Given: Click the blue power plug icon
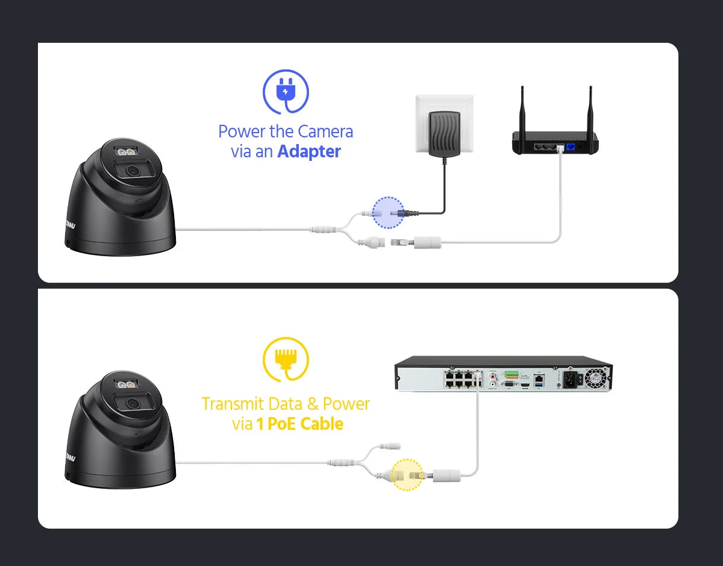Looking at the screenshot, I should pos(285,92).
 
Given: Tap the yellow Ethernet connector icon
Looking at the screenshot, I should pos(285,360).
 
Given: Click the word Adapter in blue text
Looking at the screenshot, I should pos(309,151).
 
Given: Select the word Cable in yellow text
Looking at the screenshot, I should pos(322,424).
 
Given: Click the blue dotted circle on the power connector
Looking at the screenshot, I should pos(388,212).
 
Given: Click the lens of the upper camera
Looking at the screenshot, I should pos(132,172).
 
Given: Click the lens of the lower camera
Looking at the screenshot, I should pos(132,404).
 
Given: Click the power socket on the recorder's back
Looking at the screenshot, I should pos(569,379).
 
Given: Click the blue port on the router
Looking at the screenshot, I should pos(568,146).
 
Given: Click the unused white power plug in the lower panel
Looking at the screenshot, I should pos(392,447).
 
